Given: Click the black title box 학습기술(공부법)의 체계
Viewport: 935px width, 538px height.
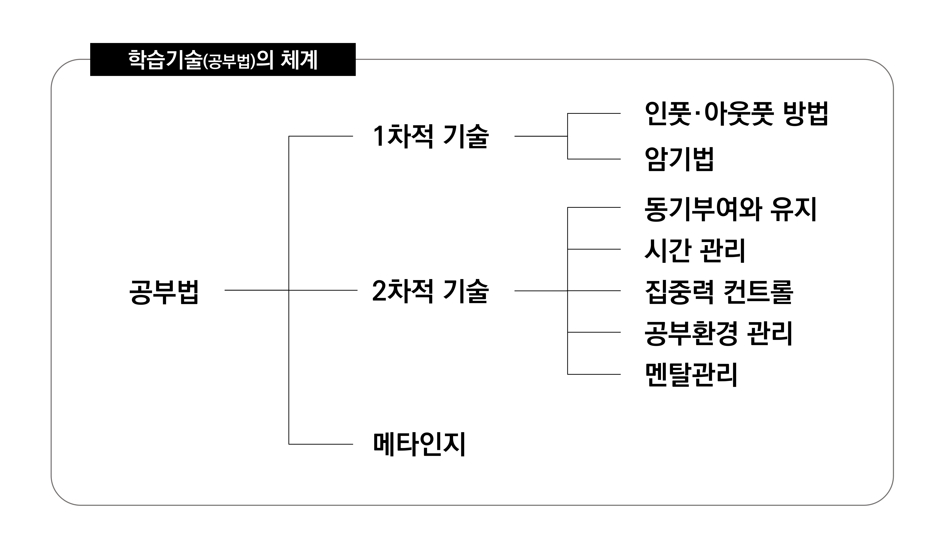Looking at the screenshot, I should coord(223,60).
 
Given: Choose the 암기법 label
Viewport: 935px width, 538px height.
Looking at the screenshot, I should coord(679,159).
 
